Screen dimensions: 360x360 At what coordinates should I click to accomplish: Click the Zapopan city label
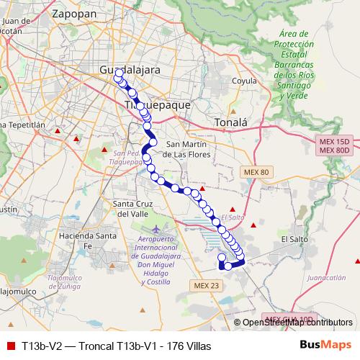pyautogui.click(x=75, y=12)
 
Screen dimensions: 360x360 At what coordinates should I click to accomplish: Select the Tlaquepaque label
pyautogui.click(x=158, y=104)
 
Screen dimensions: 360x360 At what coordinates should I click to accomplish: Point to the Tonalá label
pyautogui.click(x=230, y=122)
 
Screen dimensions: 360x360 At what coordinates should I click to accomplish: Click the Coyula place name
pyautogui.click(x=245, y=81)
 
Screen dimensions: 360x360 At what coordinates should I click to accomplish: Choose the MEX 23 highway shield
pyautogui.click(x=206, y=286)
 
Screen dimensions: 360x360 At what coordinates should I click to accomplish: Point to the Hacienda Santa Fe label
pyautogui.click(x=89, y=240)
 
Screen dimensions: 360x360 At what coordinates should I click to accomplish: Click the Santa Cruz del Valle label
pyautogui.click(x=131, y=208)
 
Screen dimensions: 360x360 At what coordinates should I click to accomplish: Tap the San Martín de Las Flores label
pyautogui.click(x=187, y=148)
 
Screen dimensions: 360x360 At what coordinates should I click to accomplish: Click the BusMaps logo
pyautogui.click(x=324, y=346)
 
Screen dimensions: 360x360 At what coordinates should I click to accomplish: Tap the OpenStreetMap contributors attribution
pyautogui.click(x=297, y=323)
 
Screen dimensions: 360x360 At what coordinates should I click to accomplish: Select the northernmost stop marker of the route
pyautogui.click(x=118, y=73)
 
